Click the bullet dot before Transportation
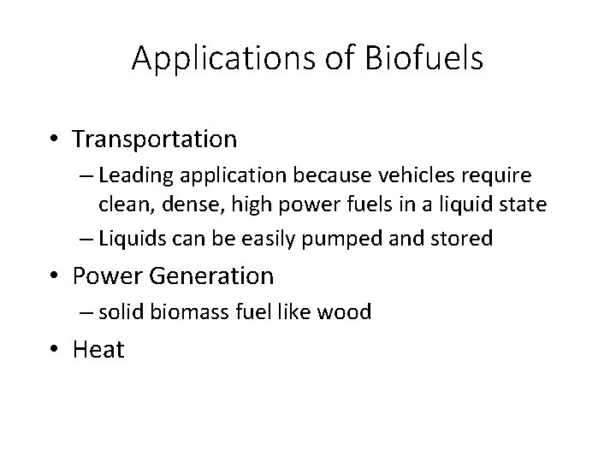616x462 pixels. pyautogui.click(x=56, y=138)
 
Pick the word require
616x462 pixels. pyautogui.click(x=500, y=175)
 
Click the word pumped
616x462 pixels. pyautogui.click(x=373, y=238)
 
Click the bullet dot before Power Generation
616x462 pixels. pyautogui.click(x=56, y=276)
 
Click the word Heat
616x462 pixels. pyautogui.click(x=99, y=348)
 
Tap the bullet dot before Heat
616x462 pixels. pyautogui.click(x=56, y=349)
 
